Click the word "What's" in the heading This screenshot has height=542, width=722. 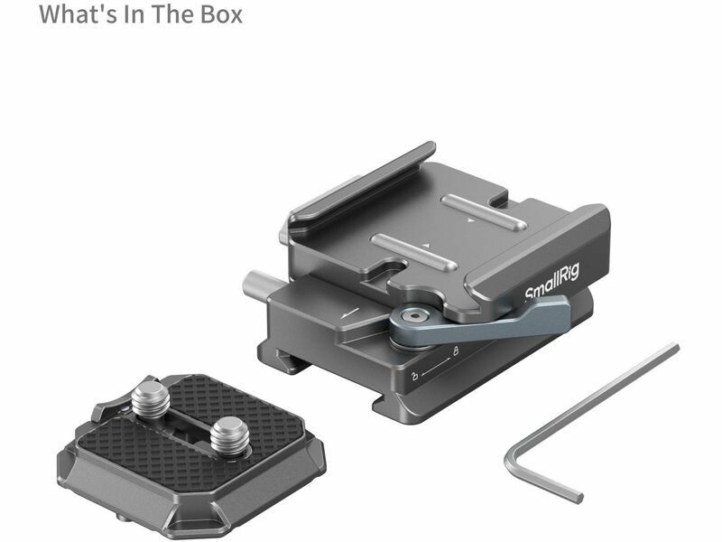(x=78, y=14)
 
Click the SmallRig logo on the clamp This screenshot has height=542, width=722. (x=551, y=281)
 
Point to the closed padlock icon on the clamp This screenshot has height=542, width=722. (x=456, y=351)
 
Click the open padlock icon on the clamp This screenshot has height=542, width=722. (x=414, y=376)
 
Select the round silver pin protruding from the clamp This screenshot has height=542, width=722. (x=255, y=284)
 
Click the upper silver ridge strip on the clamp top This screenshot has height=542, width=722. (x=484, y=212)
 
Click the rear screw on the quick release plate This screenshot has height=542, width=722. (x=151, y=400)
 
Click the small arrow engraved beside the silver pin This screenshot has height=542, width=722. (x=349, y=313)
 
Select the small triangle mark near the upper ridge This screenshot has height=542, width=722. (x=470, y=220)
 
